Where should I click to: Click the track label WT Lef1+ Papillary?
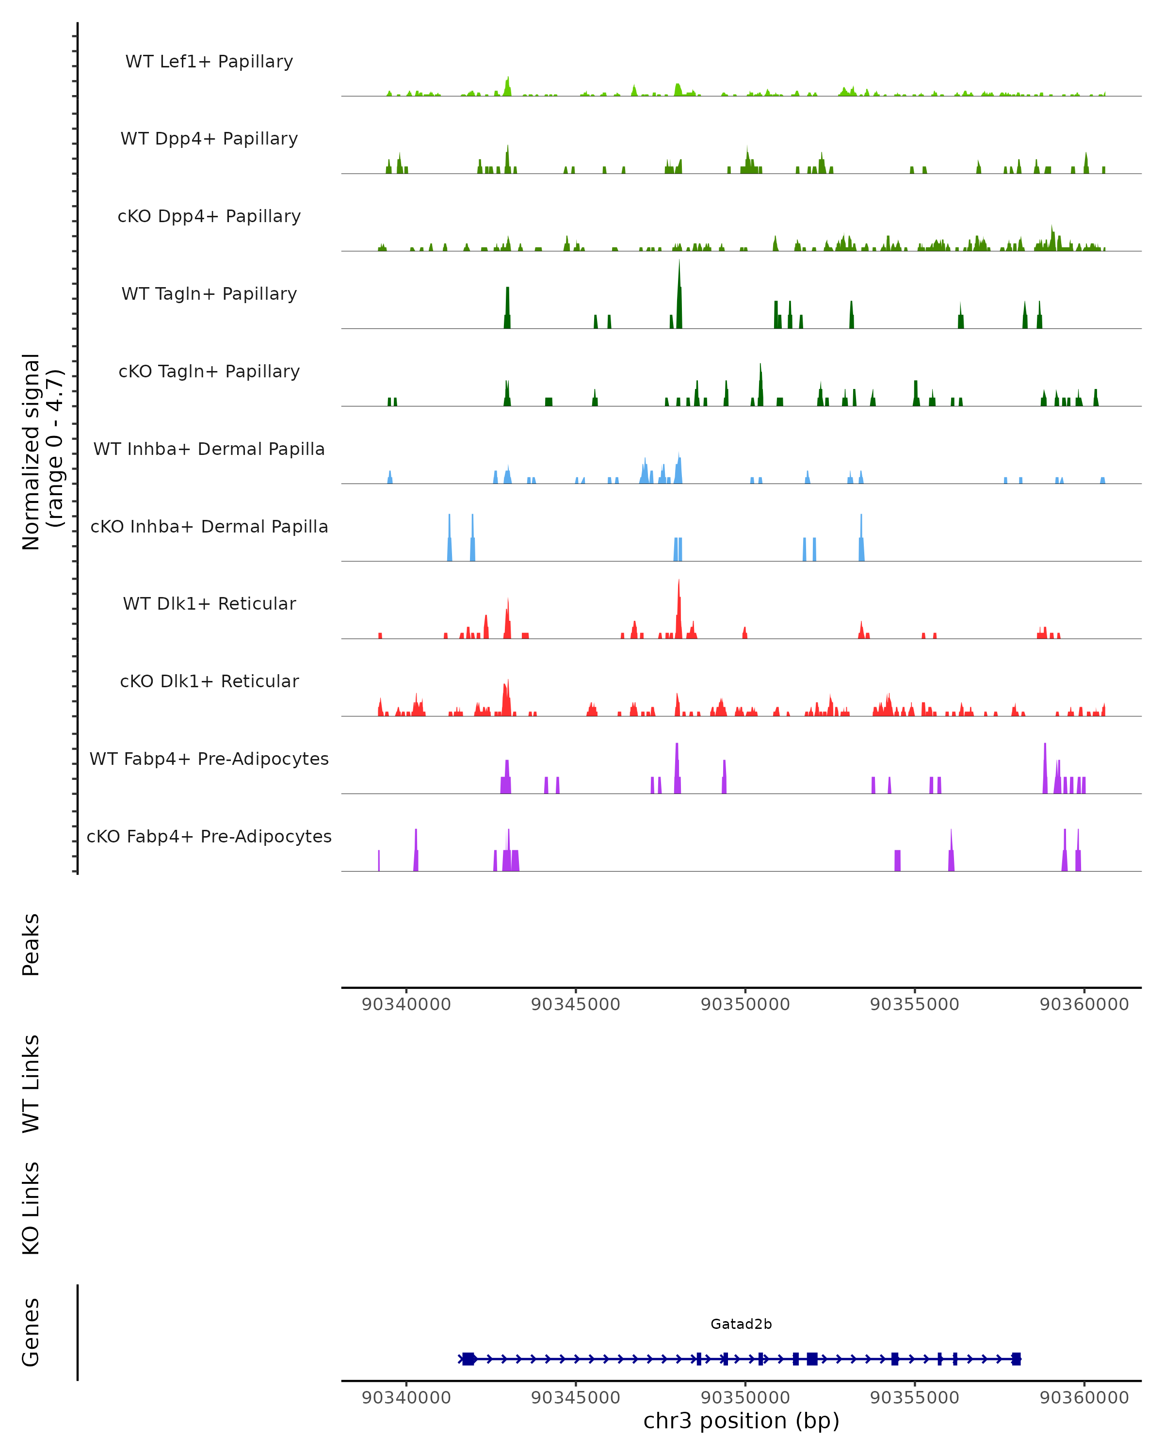pyautogui.click(x=209, y=62)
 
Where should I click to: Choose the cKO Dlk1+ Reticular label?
pyautogui.click(x=209, y=681)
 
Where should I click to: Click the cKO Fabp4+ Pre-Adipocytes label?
pyautogui.click(x=209, y=836)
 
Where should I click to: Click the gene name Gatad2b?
pyautogui.click(x=741, y=1324)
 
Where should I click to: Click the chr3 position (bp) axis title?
pyautogui.click(x=741, y=1421)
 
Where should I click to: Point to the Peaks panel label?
pyautogui.click(x=31, y=944)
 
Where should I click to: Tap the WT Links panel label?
pyautogui.click(x=31, y=1083)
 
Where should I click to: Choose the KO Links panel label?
pyautogui.click(x=31, y=1208)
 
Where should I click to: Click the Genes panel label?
pyautogui.click(x=31, y=1332)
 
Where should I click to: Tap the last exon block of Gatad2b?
pyautogui.click(x=1016, y=1359)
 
